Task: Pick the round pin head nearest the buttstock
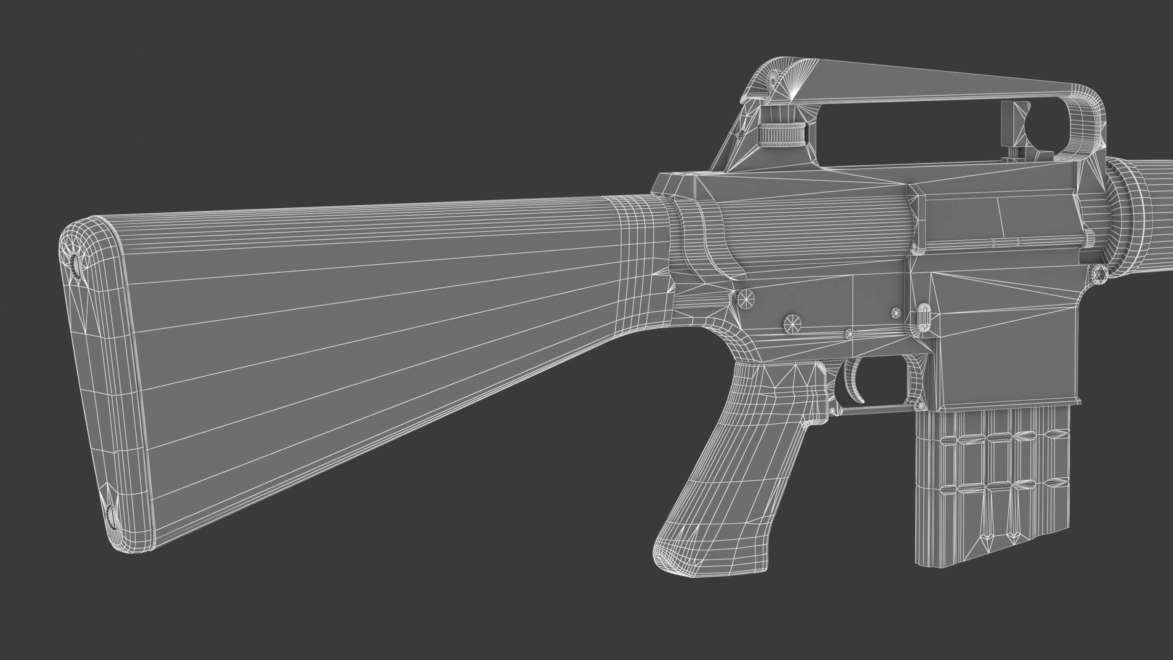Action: [x=745, y=299]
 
